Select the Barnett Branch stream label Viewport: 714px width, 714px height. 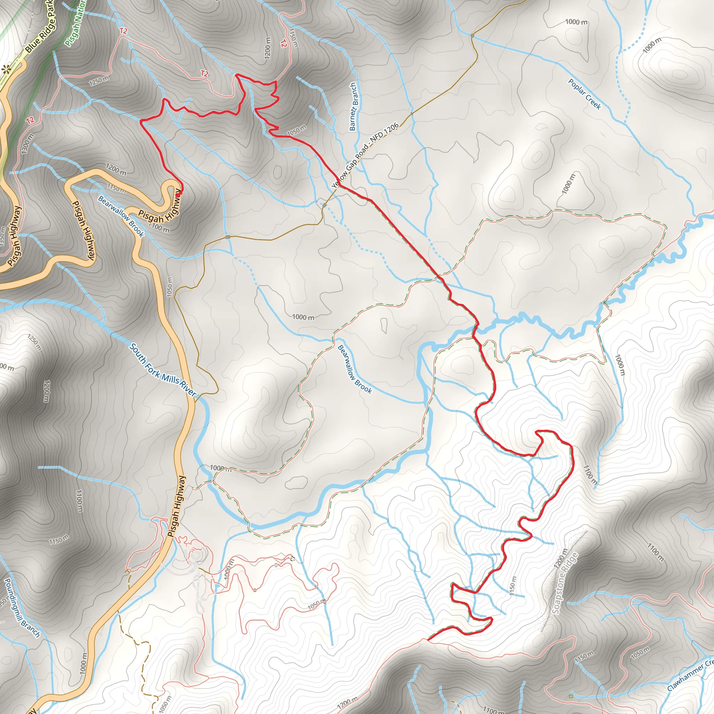tap(353, 107)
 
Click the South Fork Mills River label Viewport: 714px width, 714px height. tap(162, 370)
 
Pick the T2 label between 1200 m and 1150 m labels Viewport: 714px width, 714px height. tap(283, 43)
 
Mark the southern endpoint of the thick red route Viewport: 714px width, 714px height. tap(428, 639)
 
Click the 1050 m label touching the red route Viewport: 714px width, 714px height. tap(296, 130)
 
